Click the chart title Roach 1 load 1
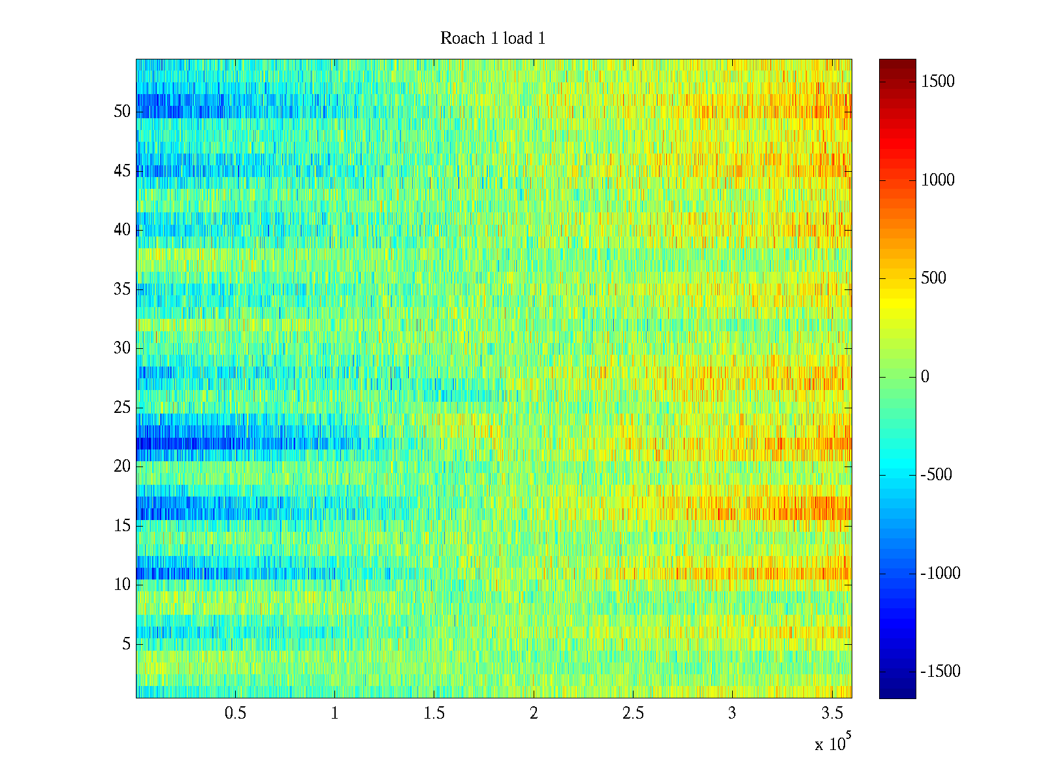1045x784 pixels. pos(492,39)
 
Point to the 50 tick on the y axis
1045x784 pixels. pos(122,111)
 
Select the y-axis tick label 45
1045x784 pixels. pos(122,171)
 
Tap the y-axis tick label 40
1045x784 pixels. pos(122,229)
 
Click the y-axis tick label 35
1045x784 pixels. pos(122,289)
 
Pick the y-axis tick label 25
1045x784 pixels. pos(122,407)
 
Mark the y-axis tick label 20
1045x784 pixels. pos(122,466)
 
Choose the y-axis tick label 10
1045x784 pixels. pos(122,584)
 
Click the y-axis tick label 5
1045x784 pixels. pos(126,644)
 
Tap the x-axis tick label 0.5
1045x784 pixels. pos(235,713)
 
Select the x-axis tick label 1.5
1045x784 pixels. pos(434,713)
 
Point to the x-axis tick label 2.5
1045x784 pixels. pos(632,713)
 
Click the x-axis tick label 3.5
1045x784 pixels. pos(831,713)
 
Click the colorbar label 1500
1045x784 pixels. pos(938,81)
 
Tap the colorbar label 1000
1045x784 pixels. pos(938,180)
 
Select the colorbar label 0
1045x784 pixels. pos(925,376)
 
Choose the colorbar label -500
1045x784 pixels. pos(936,475)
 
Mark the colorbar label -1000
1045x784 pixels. pos(940,573)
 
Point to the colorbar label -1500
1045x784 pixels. pos(940,671)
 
